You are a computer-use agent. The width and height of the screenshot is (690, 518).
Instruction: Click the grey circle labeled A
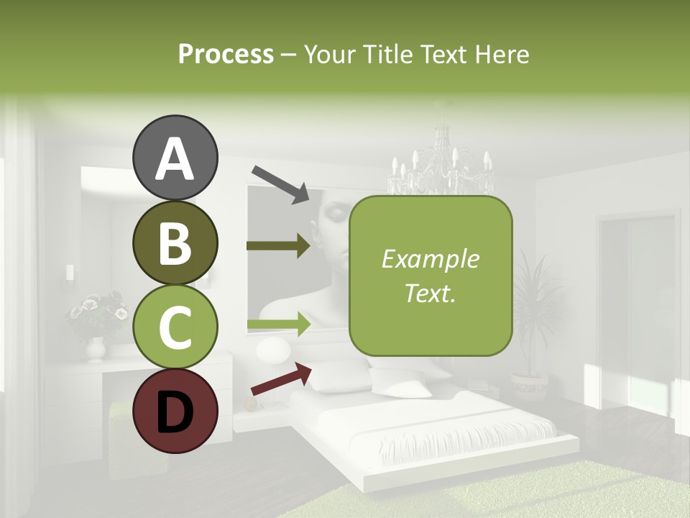pyautogui.click(x=175, y=158)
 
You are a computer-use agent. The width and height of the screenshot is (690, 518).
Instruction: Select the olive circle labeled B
pyautogui.click(x=175, y=242)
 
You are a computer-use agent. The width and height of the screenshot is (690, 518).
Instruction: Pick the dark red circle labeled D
pyautogui.click(x=175, y=411)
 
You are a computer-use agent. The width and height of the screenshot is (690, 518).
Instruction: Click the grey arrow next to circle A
pyautogui.click(x=280, y=183)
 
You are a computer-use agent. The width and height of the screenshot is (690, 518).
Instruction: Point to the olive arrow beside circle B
pyautogui.click(x=278, y=246)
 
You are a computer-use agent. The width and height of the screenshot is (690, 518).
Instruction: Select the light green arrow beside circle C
pyautogui.click(x=278, y=325)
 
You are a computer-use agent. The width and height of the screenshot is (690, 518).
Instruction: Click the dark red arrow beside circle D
pyautogui.click(x=281, y=379)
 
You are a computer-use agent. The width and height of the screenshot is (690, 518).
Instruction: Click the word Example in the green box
pyautogui.click(x=430, y=259)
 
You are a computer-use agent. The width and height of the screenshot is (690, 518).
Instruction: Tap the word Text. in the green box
pyautogui.click(x=430, y=294)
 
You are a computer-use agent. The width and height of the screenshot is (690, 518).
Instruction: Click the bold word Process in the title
pyautogui.click(x=226, y=54)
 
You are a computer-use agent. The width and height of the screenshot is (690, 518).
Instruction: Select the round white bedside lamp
pyautogui.click(x=273, y=352)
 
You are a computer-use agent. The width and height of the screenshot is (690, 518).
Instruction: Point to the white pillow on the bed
pyautogui.click(x=402, y=388)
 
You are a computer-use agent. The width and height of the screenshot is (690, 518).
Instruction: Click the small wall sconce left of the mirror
pyautogui.click(x=70, y=272)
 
